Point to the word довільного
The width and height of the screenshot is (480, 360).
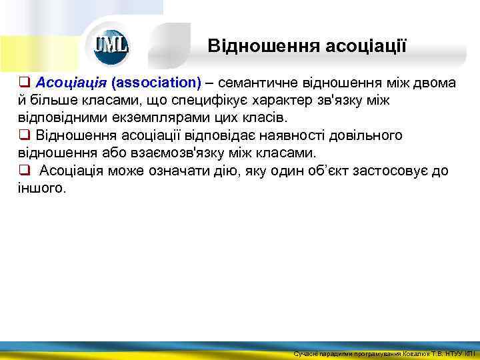click(x=363, y=135)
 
